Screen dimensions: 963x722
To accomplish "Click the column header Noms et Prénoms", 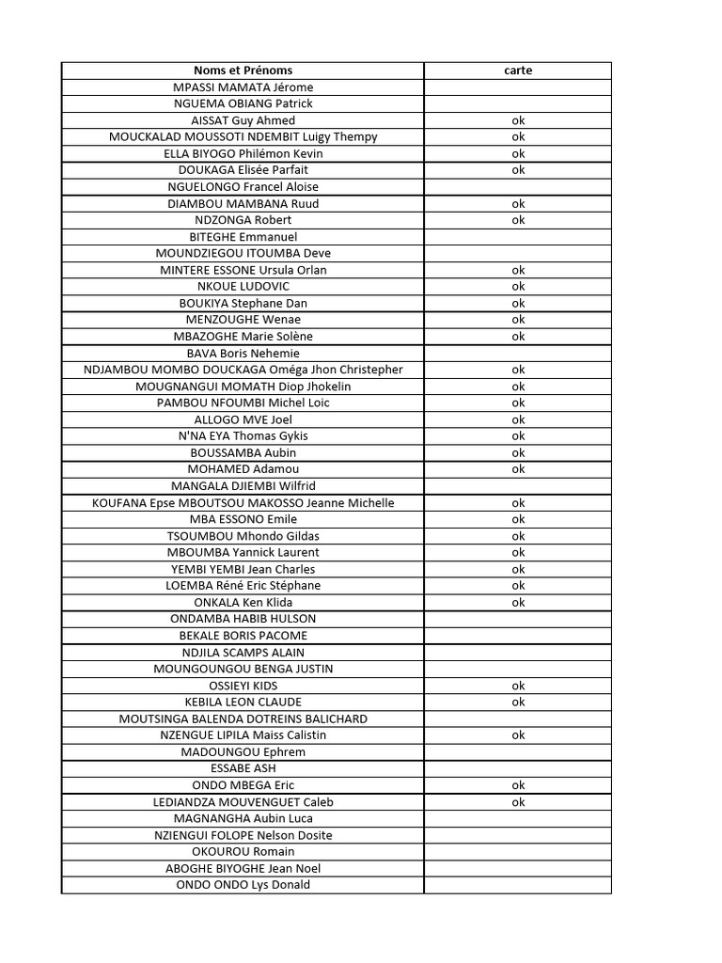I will (x=243, y=71).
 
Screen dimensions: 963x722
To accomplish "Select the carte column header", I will (x=518, y=71).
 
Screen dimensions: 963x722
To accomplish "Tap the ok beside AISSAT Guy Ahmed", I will (x=518, y=120).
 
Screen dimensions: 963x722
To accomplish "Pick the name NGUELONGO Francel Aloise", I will (x=243, y=187).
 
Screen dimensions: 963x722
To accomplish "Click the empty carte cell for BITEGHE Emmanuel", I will (x=518, y=237).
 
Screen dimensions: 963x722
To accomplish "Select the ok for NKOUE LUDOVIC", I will (x=518, y=287).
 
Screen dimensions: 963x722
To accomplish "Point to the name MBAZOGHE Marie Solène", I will (x=243, y=337).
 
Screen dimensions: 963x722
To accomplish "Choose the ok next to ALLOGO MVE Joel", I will (x=518, y=419).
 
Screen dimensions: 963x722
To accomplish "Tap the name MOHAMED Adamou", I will (x=243, y=469).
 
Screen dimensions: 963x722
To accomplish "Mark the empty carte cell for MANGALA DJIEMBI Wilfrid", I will (x=518, y=486).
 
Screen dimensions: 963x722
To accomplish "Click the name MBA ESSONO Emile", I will (x=243, y=519).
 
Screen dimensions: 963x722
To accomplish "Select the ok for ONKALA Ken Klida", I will (x=518, y=603).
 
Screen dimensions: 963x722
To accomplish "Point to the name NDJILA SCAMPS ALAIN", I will (x=243, y=653).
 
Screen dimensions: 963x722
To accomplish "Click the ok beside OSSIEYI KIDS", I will (x=518, y=686).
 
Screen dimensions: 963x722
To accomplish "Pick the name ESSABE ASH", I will (x=243, y=768).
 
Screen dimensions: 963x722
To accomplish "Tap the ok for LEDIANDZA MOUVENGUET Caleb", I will (x=518, y=802).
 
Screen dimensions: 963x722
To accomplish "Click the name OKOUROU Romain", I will (x=243, y=852).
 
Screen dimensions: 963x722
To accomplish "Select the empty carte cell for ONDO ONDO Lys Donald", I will (x=518, y=885).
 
